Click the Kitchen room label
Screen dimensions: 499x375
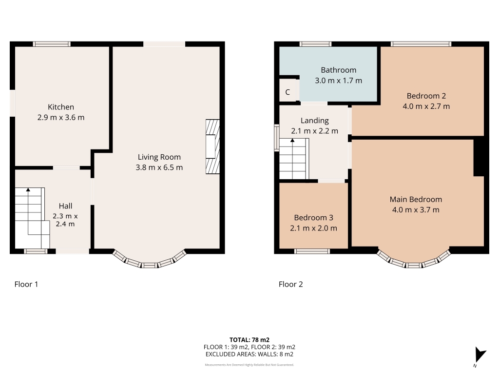(x=61, y=107)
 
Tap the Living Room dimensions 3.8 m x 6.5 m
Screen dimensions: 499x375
(x=159, y=167)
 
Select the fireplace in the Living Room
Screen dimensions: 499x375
(x=212, y=146)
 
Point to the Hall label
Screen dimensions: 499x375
(x=66, y=206)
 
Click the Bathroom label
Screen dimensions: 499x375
(x=338, y=70)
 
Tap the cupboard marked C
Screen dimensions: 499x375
(x=288, y=92)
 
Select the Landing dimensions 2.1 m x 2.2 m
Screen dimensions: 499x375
(x=314, y=131)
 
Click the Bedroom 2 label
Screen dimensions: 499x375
(x=426, y=96)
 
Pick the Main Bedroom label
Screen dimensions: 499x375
(x=416, y=199)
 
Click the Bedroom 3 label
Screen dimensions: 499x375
(x=313, y=217)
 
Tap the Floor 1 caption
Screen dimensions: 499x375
(x=26, y=284)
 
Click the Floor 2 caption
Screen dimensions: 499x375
(x=290, y=284)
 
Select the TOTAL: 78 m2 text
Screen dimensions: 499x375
(x=249, y=340)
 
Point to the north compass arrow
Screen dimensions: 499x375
(x=480, y=354)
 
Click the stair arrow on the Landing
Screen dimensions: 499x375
(x=292, y=140)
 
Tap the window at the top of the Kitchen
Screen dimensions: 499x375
(x=52, y=44)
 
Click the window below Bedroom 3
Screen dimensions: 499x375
(x=312, y=251)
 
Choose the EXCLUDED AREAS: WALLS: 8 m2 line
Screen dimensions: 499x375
(x=249, y=354)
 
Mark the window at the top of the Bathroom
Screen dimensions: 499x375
(x=315, y=44)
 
